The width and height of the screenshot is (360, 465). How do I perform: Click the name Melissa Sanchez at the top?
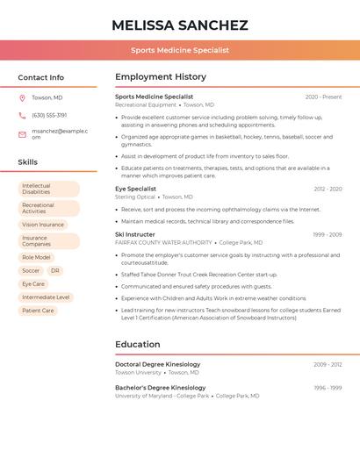180,25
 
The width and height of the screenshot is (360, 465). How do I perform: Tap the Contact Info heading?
41,77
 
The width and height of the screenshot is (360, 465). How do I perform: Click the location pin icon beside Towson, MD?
22,97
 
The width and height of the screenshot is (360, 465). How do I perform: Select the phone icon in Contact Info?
22,115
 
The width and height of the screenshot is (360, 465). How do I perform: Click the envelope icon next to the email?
22,134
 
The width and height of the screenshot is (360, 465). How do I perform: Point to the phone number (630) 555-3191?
49,115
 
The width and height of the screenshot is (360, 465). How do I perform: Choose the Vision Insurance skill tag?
43,225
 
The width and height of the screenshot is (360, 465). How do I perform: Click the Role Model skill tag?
36,258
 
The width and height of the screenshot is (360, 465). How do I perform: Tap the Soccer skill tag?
31,271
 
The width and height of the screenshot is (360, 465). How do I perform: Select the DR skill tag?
55,271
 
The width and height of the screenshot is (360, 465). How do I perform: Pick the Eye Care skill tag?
33,284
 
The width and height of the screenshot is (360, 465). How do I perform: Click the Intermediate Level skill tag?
46,297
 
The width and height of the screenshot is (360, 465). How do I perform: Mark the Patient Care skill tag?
38,311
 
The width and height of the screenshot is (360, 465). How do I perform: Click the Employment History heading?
161,77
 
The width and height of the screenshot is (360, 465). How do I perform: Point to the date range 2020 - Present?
323,97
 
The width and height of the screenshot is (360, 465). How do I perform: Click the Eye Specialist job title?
135,189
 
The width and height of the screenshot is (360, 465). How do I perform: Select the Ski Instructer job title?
134,234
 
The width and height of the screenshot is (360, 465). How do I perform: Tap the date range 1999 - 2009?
327,235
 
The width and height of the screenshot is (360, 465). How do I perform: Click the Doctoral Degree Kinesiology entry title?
157,364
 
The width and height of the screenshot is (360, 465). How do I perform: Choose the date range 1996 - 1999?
327,388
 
